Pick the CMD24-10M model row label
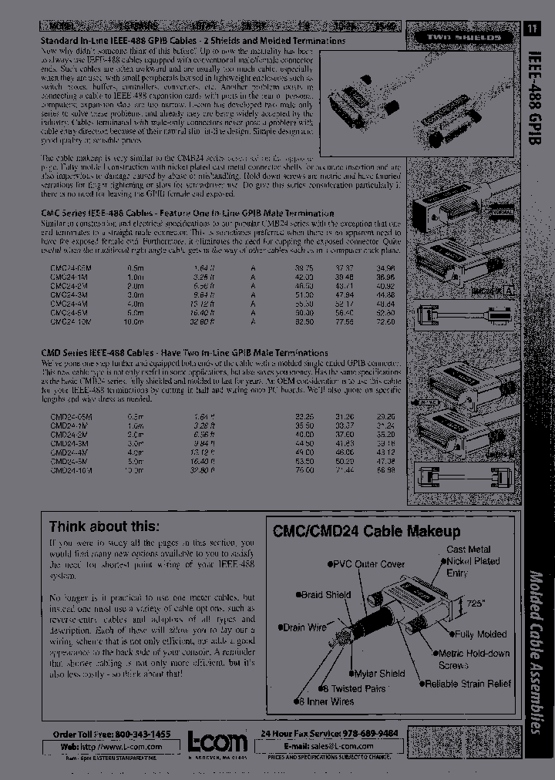(x=71, y=469)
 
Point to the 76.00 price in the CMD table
(x=304, y=469)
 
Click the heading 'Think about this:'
(x=104, y=527)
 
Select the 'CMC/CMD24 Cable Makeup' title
(x=366, y=531)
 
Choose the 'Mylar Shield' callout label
(x=378, y=673)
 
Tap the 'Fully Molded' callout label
(x=479, y=634)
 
